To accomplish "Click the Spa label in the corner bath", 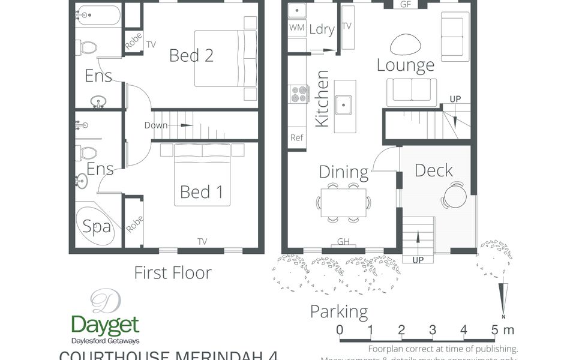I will [97, 226].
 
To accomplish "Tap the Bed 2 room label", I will [191, 55].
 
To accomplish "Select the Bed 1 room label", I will [201, 192].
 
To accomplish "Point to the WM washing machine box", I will [296, 28].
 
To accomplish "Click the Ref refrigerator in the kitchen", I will [296, 137].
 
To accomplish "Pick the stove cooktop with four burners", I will [298, 94].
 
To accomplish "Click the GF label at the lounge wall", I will [406, 5].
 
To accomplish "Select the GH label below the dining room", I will [343, 242].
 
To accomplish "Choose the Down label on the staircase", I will [156, 125].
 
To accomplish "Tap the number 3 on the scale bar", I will [433, 329].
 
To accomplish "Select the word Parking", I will [338, 311].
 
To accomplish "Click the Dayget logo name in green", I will [105, 325].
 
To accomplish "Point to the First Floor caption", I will [172, 273].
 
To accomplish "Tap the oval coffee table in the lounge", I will [406, 44].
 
